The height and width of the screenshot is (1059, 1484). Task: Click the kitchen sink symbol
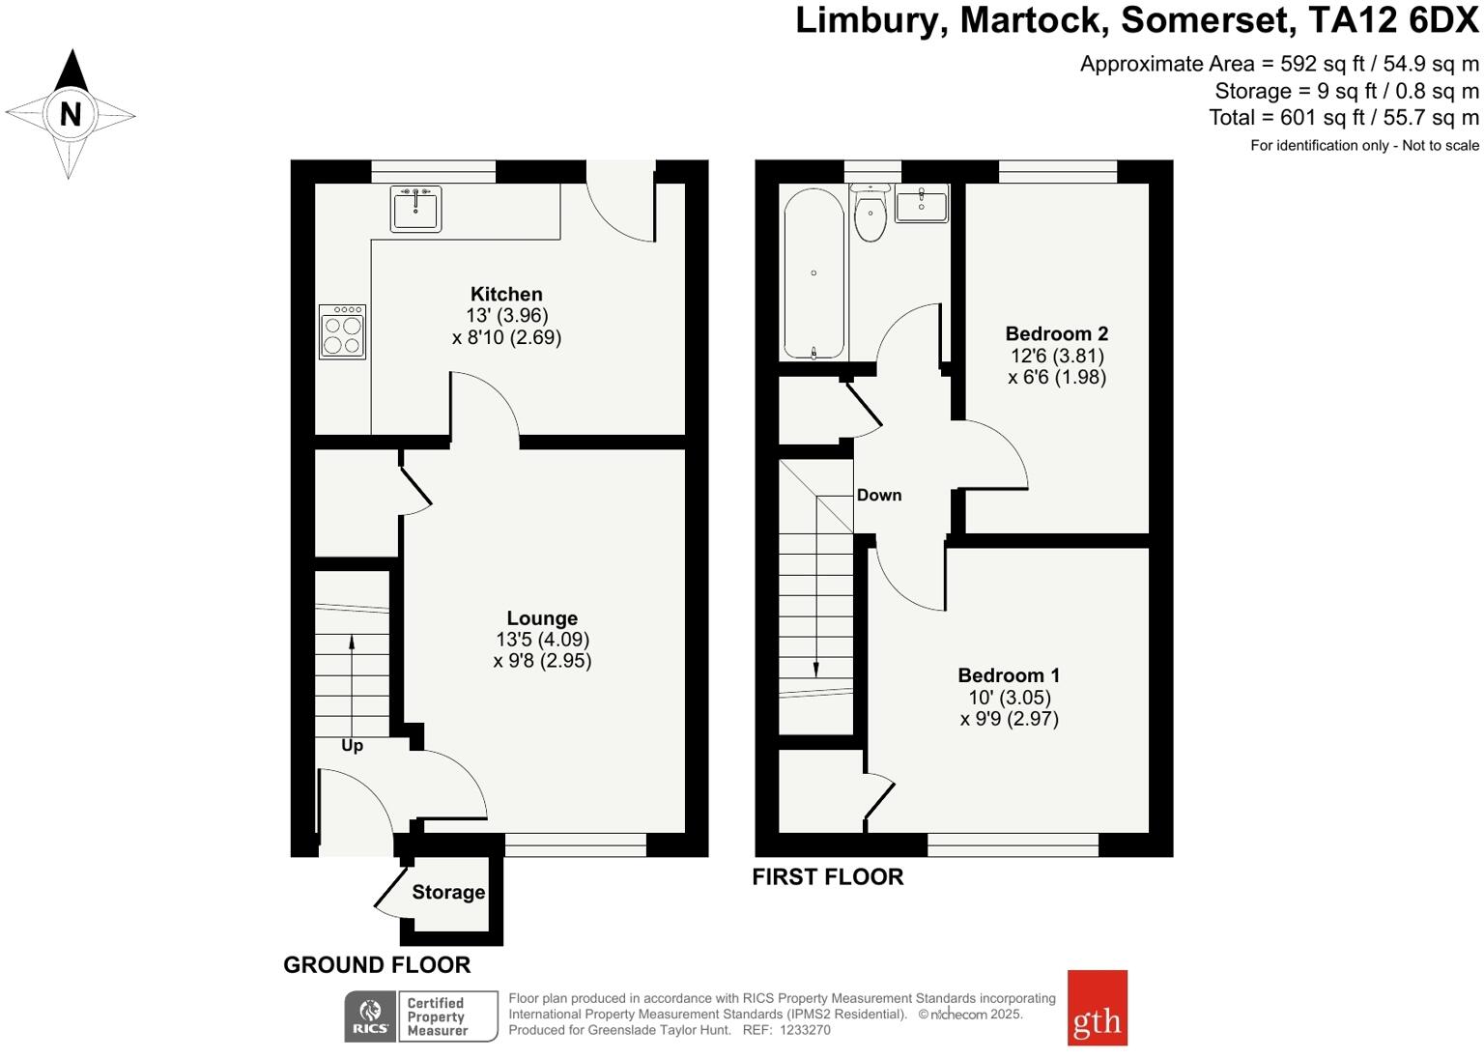coord(415,209)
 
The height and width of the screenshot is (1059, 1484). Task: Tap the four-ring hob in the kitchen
coord(342,331)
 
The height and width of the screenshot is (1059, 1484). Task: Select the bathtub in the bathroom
coord(813,272)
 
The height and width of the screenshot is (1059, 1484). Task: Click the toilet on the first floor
coord(870,214)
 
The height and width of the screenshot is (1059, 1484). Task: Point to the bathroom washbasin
coord(922,204)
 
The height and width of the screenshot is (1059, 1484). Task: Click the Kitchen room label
coord(506,294)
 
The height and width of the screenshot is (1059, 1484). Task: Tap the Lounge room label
coord(542,618)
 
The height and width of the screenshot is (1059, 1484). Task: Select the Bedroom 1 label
coord(1009,675)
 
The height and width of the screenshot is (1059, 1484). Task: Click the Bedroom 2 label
coord(1056,333)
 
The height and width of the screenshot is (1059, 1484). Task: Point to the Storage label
coord(448,892)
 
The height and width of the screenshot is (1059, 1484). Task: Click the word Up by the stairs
coord(352,745)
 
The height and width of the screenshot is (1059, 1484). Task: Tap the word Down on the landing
coord(879,495)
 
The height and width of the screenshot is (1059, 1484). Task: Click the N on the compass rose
coord(70,115)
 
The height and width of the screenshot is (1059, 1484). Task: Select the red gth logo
coord(1097,1008)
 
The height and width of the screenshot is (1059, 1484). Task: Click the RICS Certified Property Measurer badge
coord(421,1016)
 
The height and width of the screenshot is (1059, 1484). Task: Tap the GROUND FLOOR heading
coord(377,964)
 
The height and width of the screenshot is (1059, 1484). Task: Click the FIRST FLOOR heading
coord(828,876)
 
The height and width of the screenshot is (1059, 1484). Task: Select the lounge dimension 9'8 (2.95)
coord(542,661)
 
